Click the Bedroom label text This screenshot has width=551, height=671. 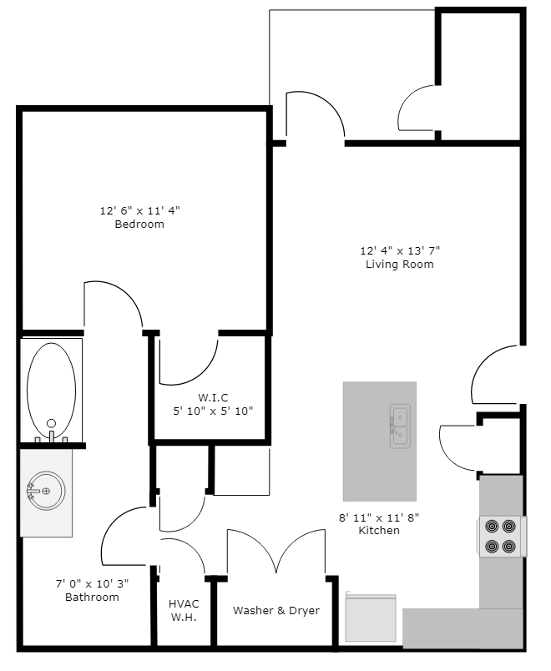click(139, 224)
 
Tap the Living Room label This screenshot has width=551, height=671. click(399, 264)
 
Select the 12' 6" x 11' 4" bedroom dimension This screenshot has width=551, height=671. click(139, 210)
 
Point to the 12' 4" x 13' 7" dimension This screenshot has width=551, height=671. click(399, 250)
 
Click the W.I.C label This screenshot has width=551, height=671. click(213, 396)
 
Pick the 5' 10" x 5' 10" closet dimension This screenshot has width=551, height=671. click(213, 410)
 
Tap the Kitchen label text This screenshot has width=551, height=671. click(379, 530)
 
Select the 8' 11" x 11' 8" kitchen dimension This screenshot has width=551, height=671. click(379, 517)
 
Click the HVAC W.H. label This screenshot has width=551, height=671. click(183, 610)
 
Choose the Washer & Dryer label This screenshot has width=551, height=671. click(276, 610)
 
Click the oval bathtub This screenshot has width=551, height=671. click(51, 388)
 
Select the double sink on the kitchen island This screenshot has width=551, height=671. click(400, 426)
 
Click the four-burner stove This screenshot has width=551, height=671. click(501, 537)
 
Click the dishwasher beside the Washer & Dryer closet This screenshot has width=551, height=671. click(371, 618)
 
